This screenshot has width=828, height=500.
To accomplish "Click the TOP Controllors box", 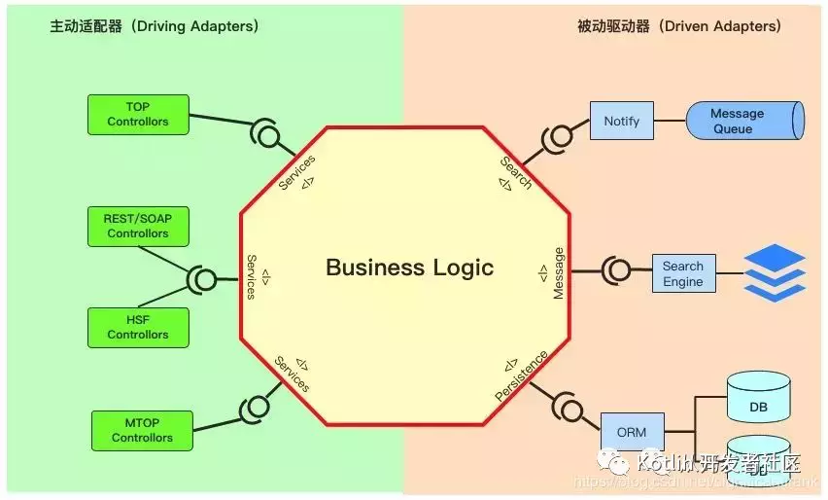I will [137, 114].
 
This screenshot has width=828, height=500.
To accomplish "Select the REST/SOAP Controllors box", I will [137, 226].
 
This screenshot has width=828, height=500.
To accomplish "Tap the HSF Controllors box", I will [137, 327].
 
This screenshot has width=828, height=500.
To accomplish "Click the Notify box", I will [621, 121].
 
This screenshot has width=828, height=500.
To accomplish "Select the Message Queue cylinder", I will [744, 121].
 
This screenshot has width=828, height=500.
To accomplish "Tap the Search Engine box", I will [682, 273].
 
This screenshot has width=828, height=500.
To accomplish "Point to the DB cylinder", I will [759, 401].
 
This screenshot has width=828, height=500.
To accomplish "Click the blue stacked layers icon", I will [775, 272].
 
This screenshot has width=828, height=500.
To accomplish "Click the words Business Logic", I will [409, 268].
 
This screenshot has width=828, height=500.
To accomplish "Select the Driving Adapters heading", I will [155, 26].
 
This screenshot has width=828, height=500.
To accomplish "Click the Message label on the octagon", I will [558, 273].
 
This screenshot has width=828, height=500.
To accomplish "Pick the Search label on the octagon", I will [516, 171].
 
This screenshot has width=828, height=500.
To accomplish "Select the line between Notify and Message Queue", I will [670, 121].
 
